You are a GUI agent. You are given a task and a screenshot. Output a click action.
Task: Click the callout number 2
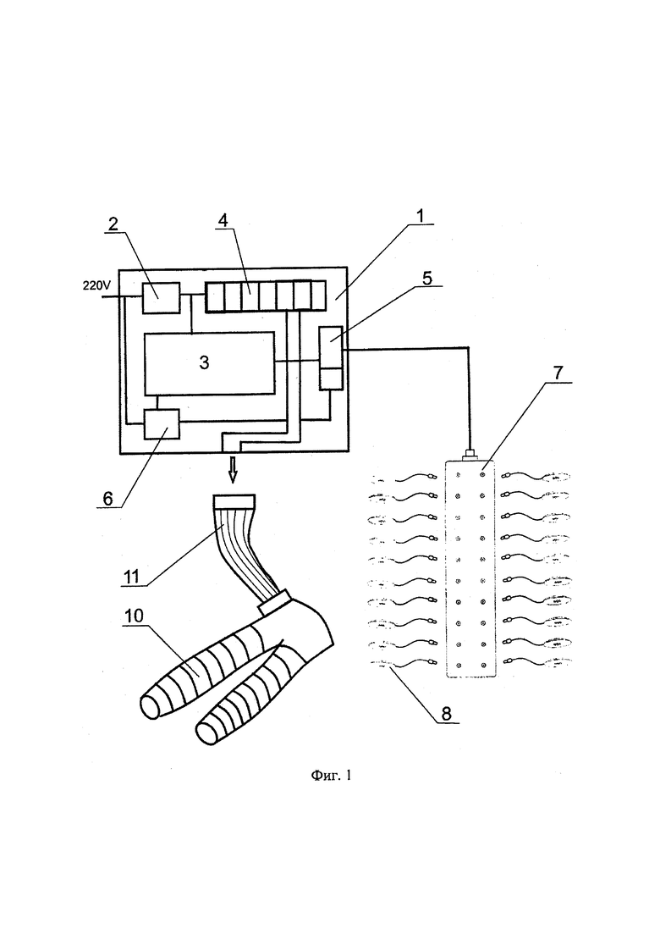(x=113, y=224)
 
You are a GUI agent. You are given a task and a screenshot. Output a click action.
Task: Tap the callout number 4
(x=223, y=220)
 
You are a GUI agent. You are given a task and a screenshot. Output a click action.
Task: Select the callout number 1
(x=421, y=216)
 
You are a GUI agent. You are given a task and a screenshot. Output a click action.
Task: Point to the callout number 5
(x=427, y=279)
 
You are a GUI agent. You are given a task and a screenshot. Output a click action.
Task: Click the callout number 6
(x=107, y=498)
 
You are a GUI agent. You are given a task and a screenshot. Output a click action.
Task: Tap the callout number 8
(x=447, y=712)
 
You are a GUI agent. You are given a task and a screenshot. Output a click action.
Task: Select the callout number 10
(x=134, y=616)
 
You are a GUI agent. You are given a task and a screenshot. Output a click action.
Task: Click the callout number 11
(x=130, y=576)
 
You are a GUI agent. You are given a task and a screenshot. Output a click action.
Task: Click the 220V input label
(x=96, y=285)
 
